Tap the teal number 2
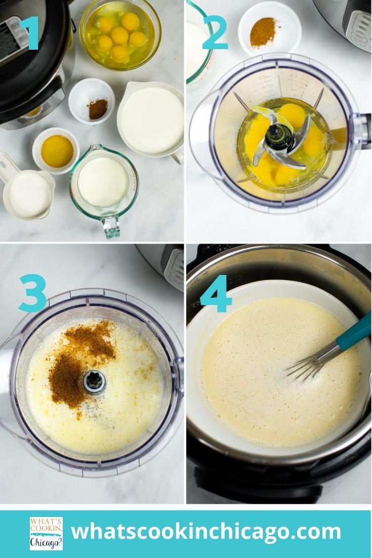[215, 32]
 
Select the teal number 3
[33, 293]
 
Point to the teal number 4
[217, 293]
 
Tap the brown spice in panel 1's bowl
[98, 109]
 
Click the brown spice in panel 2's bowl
[263, 33]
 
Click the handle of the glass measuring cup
[111, 226]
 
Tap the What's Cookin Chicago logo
[46, 533]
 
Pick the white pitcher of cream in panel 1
[151, 119]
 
